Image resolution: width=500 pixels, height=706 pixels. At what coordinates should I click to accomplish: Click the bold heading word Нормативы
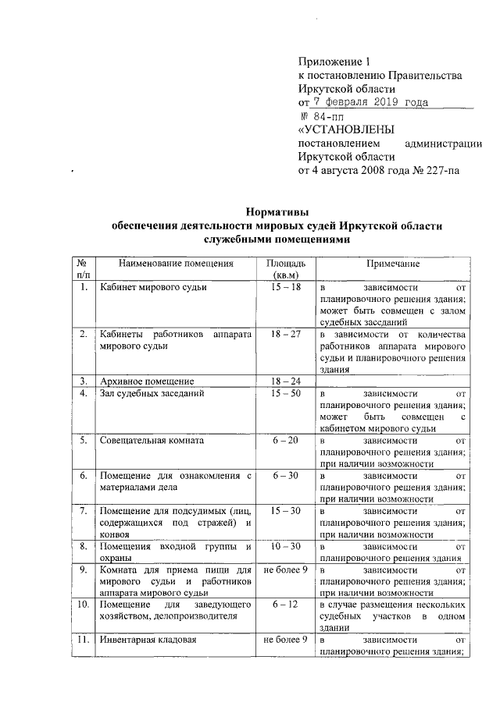277,211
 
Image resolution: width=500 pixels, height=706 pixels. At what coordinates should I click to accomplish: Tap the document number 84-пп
328,116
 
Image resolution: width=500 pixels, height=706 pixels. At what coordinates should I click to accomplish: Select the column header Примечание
395,264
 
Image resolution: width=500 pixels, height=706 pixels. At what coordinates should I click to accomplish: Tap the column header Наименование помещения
176,264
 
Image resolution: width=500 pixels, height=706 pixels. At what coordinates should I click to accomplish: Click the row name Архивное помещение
148,381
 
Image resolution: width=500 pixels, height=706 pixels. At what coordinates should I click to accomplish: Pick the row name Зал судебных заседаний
153,394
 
